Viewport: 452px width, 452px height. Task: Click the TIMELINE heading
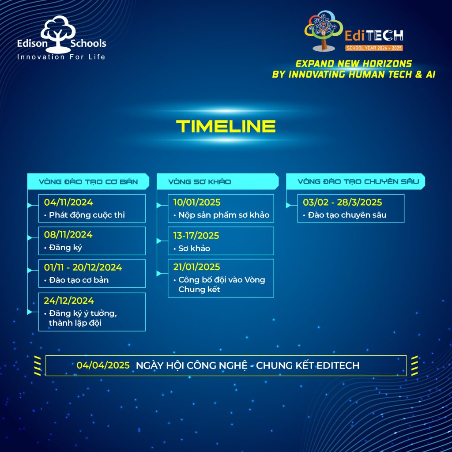226,126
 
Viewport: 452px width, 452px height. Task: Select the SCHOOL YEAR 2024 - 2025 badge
374,48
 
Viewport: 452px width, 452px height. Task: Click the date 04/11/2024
68,202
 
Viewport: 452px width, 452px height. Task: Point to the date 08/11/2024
68,235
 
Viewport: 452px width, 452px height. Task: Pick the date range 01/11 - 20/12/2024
83,267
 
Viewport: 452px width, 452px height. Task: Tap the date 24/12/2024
69,301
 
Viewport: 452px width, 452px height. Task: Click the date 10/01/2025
197,202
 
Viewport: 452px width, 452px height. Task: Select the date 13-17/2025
196,236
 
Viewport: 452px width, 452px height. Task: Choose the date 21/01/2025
196,267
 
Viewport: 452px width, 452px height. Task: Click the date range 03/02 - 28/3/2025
343,202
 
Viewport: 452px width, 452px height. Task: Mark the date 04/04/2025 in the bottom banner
103,365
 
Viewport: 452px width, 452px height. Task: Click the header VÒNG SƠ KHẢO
200,181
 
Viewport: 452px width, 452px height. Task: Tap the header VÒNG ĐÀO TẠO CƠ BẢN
88,181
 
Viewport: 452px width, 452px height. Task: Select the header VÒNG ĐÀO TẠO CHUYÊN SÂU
358,181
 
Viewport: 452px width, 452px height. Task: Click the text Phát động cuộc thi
87,215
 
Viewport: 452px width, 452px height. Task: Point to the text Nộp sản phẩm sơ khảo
224,215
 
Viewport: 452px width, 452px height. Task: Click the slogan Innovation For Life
61,57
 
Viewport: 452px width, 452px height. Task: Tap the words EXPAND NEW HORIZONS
354,64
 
